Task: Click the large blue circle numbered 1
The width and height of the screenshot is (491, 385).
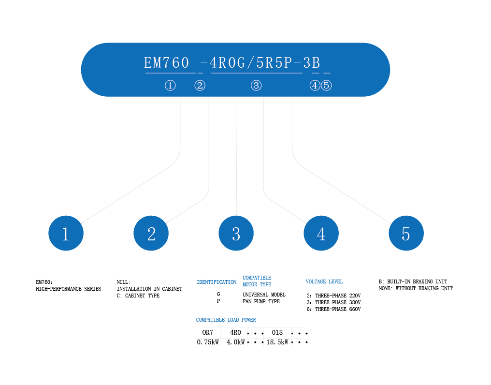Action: [x=66, y=234]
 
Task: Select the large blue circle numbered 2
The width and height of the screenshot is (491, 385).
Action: [x=151, y=234]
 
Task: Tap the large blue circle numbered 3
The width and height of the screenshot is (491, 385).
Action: [x=236, y=234]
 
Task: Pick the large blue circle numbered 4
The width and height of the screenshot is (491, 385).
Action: [x=321, y=234]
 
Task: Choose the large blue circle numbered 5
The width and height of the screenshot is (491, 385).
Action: [x=406, y=234]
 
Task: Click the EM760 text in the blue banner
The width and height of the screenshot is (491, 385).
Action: [x=167, y=63]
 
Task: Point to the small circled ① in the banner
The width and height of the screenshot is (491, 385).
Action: [x=170, y=86]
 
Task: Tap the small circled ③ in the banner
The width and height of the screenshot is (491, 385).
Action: [x=256, y=86]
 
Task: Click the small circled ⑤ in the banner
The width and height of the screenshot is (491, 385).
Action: [x=327, y=86]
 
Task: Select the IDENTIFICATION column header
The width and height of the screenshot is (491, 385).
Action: [x=217, y=282]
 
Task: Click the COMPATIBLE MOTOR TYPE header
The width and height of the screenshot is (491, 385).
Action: [x=257, y=281]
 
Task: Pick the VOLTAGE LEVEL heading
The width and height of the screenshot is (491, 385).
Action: [x=324, y=281]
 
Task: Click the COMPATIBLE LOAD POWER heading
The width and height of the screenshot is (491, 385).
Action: [x=226, y=320]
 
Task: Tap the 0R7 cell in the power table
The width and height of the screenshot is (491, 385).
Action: [x=207, y=333]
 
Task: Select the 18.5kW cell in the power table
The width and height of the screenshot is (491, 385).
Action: [x=277, y=342]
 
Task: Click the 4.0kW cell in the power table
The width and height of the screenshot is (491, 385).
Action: [x=235, y=342]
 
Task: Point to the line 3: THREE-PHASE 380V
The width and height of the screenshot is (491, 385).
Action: [x=333, y=302]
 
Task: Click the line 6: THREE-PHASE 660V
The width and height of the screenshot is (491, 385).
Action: [x=333, y=309]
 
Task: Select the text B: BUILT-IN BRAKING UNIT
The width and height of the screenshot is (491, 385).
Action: [x=413, y=281]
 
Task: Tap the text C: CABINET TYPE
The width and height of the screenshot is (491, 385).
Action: [x=138, y=296]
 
